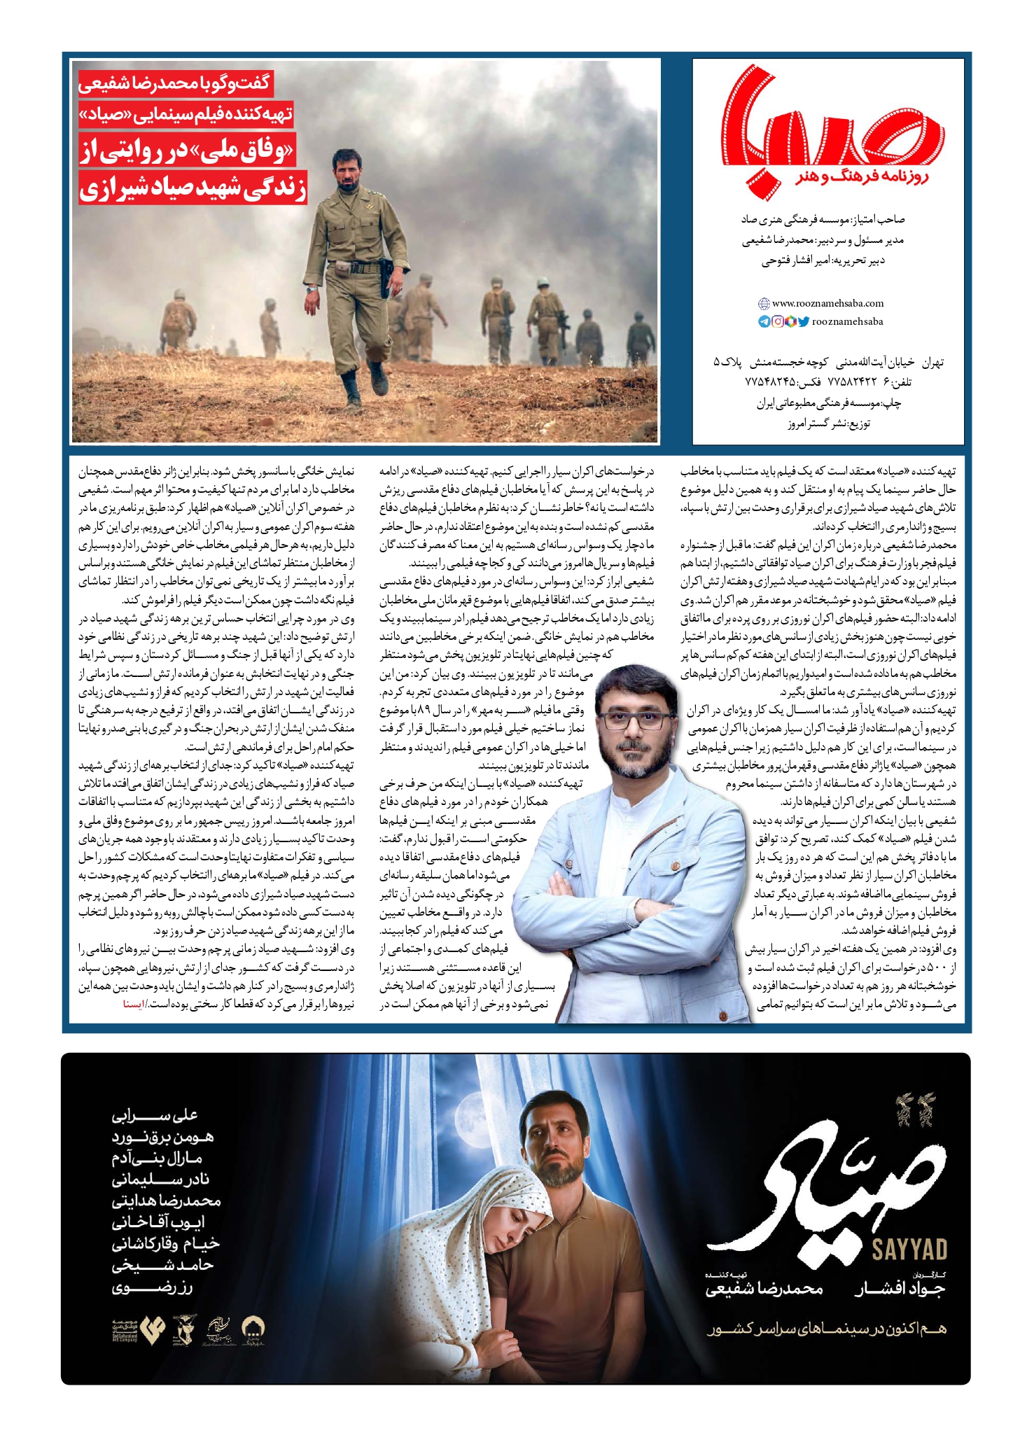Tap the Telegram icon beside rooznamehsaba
click(763, 322)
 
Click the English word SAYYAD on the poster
click(909, 1249)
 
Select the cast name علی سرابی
click(155, 1115)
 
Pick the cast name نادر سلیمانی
click(160, 1180)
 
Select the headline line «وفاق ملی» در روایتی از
click(193, 154)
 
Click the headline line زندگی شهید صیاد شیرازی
click(193, 189)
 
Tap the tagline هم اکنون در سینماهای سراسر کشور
click(826, 1328)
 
